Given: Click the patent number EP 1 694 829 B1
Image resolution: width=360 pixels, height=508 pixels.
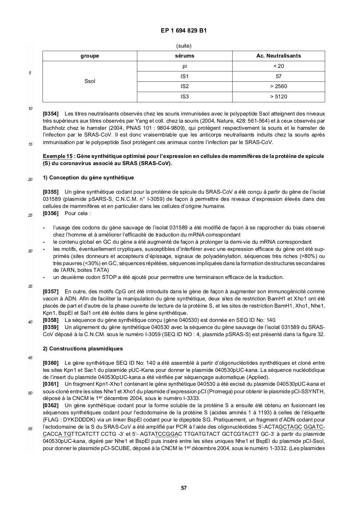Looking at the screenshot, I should (x=184, y=31).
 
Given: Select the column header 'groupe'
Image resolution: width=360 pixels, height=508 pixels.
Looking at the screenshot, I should (x=90, y=56).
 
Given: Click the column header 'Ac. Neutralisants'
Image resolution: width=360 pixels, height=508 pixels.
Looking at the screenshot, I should (x=278, y=56).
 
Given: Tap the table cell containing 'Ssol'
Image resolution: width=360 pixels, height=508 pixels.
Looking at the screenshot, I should (x=90, y=81).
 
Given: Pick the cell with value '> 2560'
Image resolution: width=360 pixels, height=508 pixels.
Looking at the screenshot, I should (x=278, y=87).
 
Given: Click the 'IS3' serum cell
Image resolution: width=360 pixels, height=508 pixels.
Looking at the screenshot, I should (x=184, y=96).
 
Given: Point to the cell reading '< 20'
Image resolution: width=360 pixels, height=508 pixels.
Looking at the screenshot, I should (x=278, y=66).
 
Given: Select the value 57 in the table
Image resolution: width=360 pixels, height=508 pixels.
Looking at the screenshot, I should (x=278, y=76).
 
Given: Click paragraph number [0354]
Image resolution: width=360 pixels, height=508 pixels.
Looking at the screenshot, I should (x=50, y=114).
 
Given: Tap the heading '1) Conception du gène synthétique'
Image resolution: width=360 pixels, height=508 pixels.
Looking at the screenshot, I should (x=88, y=178).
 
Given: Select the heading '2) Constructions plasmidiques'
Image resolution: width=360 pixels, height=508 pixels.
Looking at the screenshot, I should (x=83, y=349).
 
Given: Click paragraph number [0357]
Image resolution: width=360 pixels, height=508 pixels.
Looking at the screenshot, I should (x=50, y=292).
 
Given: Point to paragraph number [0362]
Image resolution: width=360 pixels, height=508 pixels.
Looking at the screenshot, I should (x=50, y=406).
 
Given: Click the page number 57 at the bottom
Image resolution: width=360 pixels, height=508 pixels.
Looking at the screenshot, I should (x=184, y=488).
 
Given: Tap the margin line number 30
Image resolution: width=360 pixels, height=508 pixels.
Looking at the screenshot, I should (x=30, y=251).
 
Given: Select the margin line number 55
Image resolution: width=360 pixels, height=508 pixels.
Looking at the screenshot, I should (x=30, y=429).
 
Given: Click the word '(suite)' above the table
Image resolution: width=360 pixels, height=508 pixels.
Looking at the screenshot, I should (x=184, y=46).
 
